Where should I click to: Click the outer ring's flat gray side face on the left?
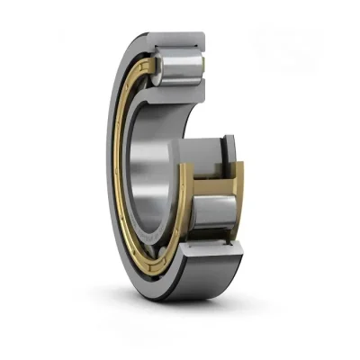click(107, 162)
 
